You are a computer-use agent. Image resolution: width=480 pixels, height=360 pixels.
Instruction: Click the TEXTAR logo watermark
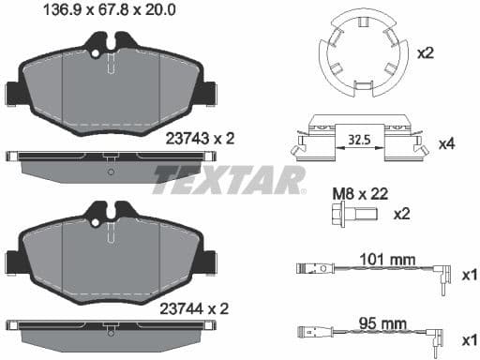pos(229,178)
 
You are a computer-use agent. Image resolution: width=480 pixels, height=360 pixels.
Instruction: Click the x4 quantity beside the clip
pos(447,146)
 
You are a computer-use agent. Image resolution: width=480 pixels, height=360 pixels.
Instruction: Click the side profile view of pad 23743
pos(111,159)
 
